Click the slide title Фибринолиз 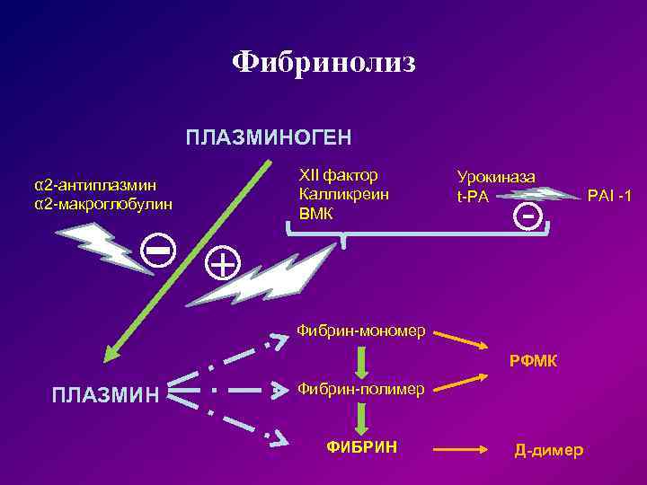pos(323,62)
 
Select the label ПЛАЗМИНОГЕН pos(269,138)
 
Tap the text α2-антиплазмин pos(95,185)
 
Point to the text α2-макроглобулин pos(103,204)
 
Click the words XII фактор pos(338,174)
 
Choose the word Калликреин pos(344,194)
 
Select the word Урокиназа pos(496,178)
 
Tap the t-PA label pos(473,197)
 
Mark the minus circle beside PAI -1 pos(530,216)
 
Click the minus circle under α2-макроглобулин pos(159,252)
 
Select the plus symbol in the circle pos(223,263)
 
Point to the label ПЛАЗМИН pos(106,394)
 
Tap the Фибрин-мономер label pos(361,331)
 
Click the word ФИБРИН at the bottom pos(362,446)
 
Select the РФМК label pos(534,361)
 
